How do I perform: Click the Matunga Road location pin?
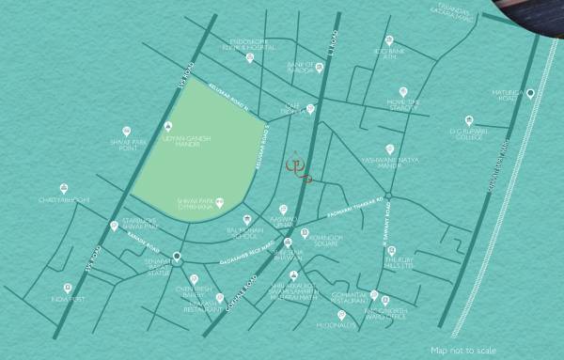530,93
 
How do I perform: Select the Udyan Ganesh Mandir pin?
168,126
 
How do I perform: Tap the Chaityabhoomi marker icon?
64,188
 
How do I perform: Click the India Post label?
68,299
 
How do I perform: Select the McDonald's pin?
342,315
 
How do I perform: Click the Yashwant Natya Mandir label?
390,163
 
